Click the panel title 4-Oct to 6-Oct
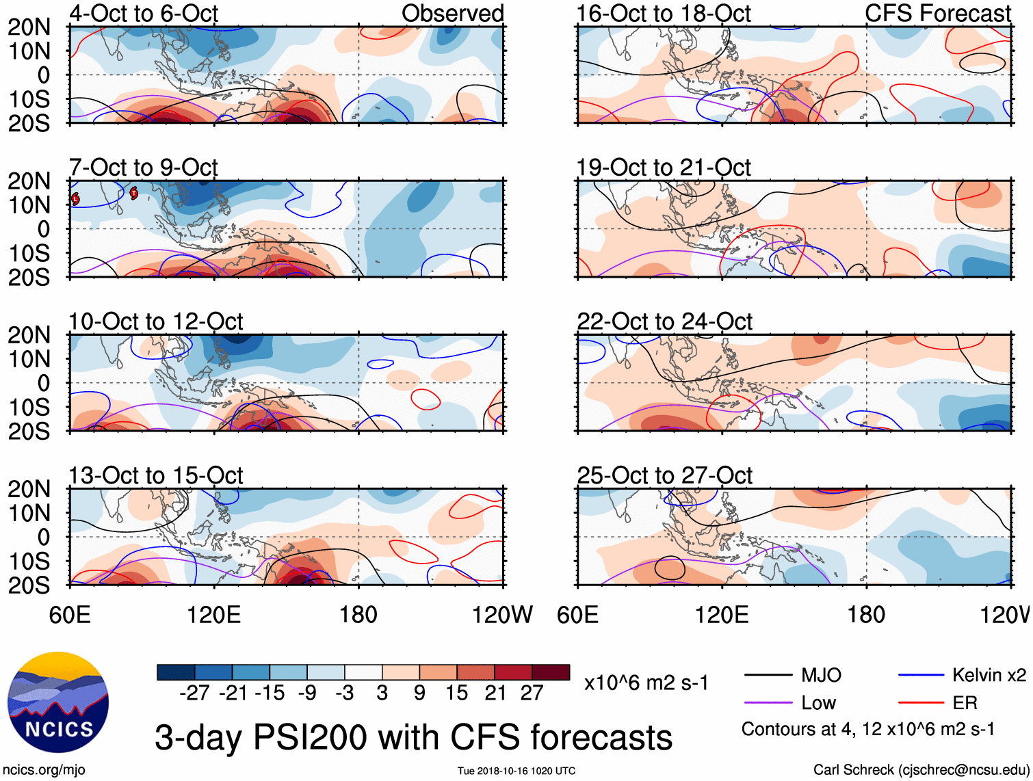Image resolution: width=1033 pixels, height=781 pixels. pos(144,13)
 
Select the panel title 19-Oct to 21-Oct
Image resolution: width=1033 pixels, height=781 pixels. pos(663,168)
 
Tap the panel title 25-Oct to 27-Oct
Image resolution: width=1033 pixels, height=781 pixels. pos(664,475)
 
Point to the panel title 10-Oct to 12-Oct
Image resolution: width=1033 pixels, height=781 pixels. pos(156,321)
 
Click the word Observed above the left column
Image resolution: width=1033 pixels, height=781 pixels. pos(452,13)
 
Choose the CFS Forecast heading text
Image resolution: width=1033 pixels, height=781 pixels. pos(937,13)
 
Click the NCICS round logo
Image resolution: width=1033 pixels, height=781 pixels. pos(58,702)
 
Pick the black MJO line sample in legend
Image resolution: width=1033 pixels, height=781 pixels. pos(768,676)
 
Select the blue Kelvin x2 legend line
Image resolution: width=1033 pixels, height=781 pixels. pos(921,676)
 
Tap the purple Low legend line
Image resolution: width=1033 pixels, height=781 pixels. pos(768,703)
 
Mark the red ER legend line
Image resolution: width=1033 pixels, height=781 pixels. pos(921,703)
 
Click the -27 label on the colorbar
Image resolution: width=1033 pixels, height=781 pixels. pos(194,693)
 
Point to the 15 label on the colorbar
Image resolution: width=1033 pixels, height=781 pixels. pos(457,693)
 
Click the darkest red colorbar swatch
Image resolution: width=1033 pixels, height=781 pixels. pos(551,672)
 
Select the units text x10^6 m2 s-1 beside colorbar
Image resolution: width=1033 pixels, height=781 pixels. pos(646,683)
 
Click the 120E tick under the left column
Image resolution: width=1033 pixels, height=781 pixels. pos(214,615)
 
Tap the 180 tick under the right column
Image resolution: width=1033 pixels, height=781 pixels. pos(866,615)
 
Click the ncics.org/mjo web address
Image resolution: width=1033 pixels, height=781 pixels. pos(44,770)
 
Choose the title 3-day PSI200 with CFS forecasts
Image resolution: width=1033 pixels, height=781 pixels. pos(413,738)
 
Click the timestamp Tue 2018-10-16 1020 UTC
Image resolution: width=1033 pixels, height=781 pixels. pos(516,771)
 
